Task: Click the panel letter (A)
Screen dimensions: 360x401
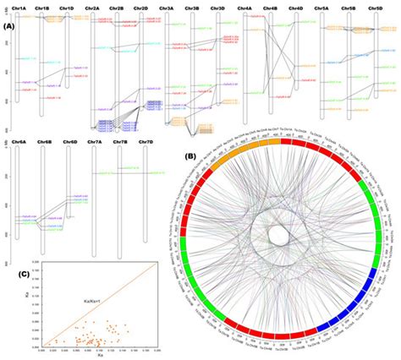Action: point(7,26)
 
